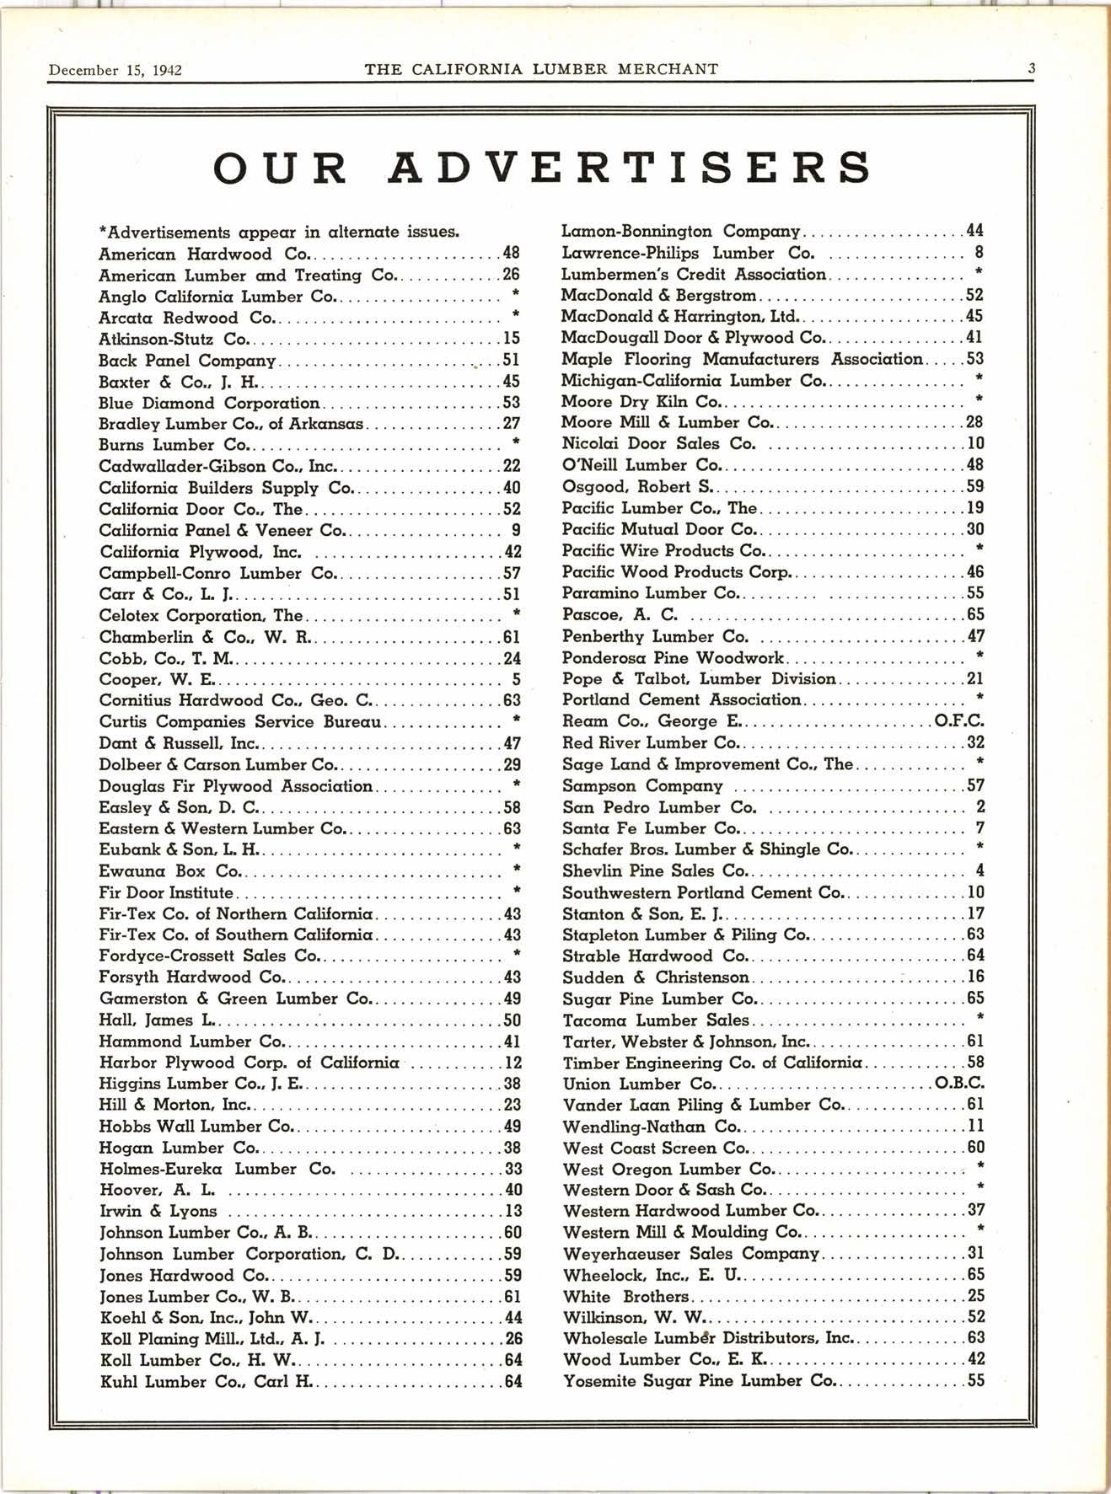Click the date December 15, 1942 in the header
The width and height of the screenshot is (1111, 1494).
115,70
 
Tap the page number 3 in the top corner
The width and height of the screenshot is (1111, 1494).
1031,68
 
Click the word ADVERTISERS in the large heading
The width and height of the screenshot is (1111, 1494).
631,166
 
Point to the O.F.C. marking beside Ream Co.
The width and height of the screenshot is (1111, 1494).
959,721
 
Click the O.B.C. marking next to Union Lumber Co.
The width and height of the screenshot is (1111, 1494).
959,1084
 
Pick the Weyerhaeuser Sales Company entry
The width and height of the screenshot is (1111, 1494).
691,1254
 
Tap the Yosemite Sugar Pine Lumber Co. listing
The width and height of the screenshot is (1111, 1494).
699,1381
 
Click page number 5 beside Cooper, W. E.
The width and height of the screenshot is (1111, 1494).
516,679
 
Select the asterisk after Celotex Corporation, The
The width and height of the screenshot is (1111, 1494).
516,613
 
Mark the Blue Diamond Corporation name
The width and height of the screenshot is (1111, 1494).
209,403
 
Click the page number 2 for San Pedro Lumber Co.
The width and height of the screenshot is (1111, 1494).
980,807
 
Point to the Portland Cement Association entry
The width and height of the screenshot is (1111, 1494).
681,700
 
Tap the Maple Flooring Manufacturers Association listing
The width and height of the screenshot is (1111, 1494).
742,359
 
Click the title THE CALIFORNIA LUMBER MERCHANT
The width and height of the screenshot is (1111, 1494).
541,69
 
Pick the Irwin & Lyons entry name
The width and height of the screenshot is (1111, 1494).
158,1212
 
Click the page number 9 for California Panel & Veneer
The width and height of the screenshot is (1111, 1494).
516,530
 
